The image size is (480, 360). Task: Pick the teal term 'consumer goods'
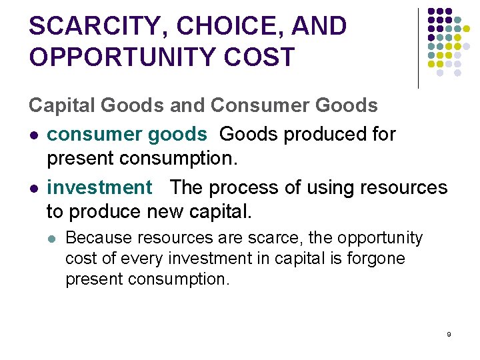[127, 134]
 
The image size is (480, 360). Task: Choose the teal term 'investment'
[99, 187]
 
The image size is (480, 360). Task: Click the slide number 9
[449, 333]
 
